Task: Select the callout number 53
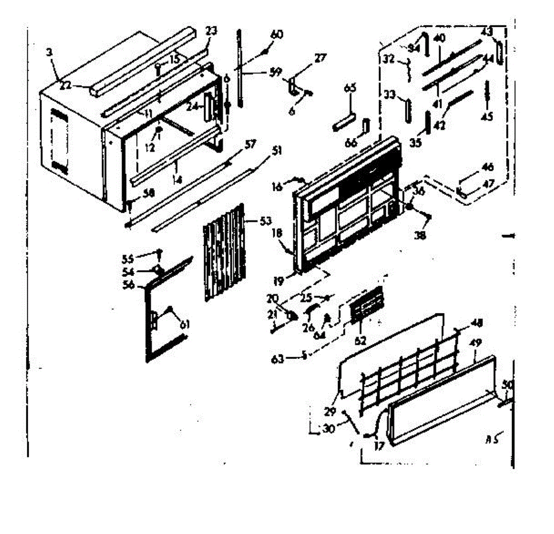pos(266,221)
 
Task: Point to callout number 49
pos(476,343)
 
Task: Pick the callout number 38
pos(420,235)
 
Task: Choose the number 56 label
pos(128,285)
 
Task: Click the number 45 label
pos(487,117)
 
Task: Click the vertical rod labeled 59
pos(240,69)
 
